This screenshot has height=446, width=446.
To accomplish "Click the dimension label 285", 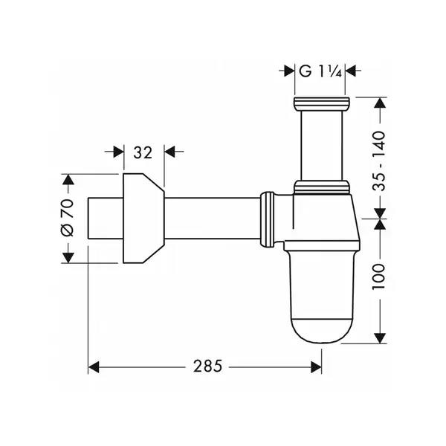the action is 207,366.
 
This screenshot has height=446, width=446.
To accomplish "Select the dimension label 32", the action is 143,152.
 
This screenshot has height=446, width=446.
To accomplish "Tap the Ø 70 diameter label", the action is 68,218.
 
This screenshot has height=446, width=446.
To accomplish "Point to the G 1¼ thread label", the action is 320,71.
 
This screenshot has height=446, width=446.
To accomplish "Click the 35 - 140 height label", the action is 379,161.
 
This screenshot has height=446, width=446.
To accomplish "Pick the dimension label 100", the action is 379,277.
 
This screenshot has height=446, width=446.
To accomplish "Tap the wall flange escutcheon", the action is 143,218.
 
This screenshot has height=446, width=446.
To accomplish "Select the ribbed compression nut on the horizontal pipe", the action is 268,219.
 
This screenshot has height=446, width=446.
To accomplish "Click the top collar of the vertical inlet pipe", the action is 322,104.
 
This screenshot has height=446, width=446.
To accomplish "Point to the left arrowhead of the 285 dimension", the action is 94,367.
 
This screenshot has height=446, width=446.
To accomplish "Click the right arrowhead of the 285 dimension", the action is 317,367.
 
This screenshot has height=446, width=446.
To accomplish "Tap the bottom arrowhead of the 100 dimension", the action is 380,338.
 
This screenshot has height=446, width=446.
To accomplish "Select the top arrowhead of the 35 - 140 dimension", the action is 380,103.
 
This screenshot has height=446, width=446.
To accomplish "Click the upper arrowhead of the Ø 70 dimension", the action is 68,179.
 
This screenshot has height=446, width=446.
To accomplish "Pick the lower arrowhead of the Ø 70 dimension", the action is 68,258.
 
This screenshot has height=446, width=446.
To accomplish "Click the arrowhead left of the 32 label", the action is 119,152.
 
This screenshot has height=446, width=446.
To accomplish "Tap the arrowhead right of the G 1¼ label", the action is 350,71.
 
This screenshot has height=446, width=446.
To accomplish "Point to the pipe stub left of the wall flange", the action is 106,218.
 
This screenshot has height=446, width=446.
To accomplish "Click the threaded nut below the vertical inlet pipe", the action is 322,187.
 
